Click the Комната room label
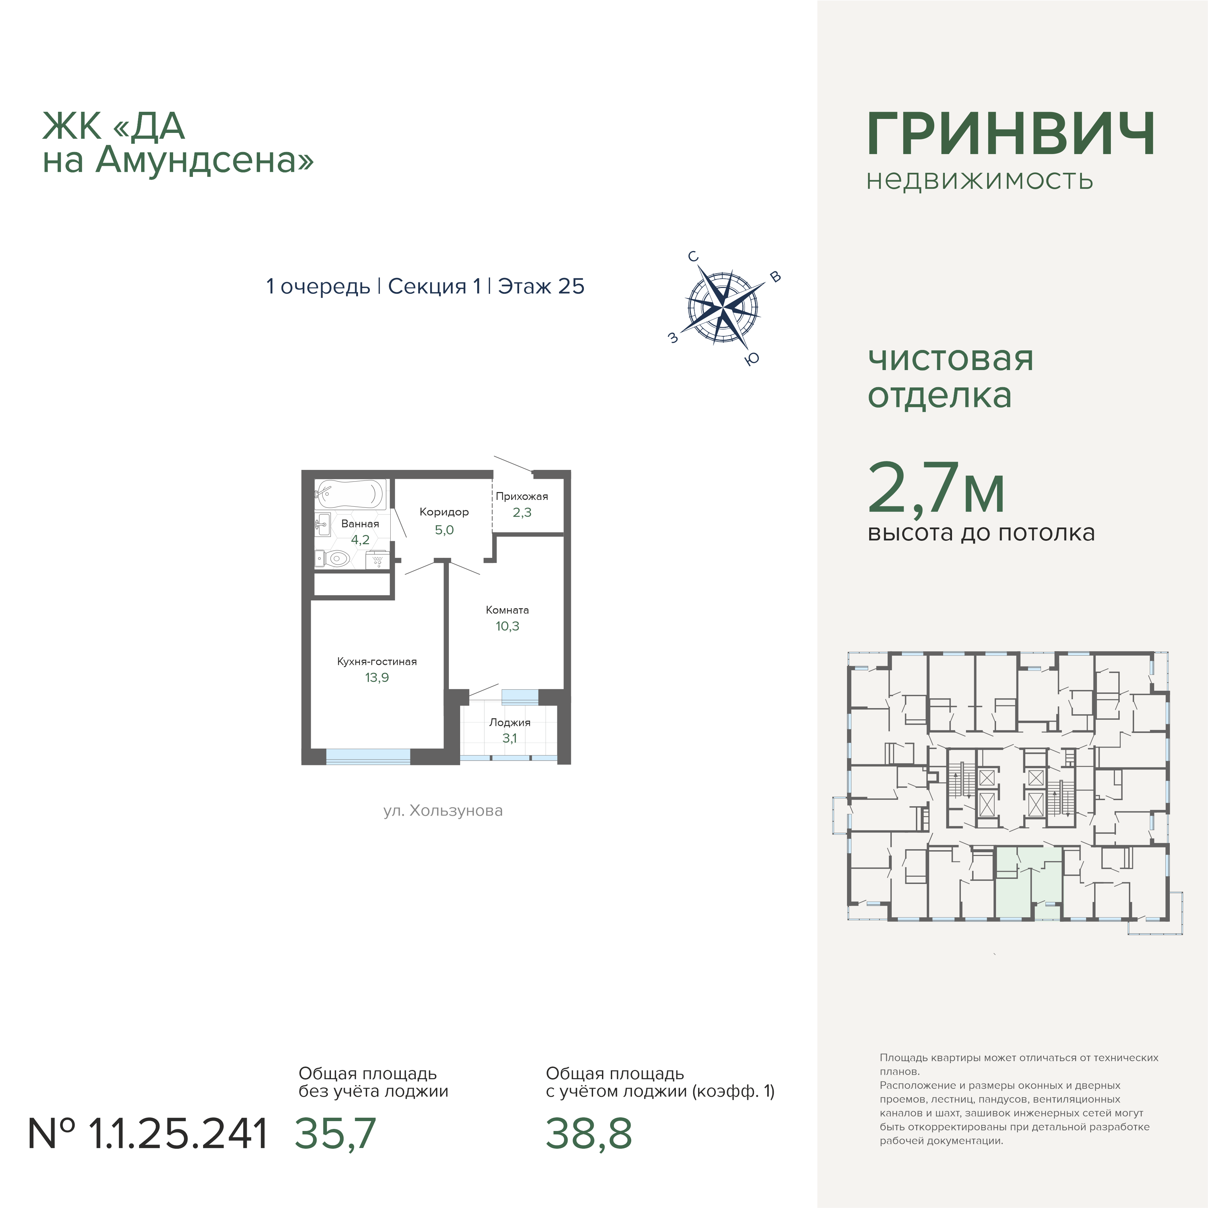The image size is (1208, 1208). point(507,610)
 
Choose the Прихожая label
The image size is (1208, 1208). point(522,496)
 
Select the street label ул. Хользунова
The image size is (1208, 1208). point(443,811)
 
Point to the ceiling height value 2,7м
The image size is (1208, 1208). point(936,488)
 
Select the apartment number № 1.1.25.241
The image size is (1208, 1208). point(148,1134)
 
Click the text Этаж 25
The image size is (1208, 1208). point(541,286)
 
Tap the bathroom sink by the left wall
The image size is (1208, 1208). point(323,524)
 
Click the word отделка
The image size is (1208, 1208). point(939,396)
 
